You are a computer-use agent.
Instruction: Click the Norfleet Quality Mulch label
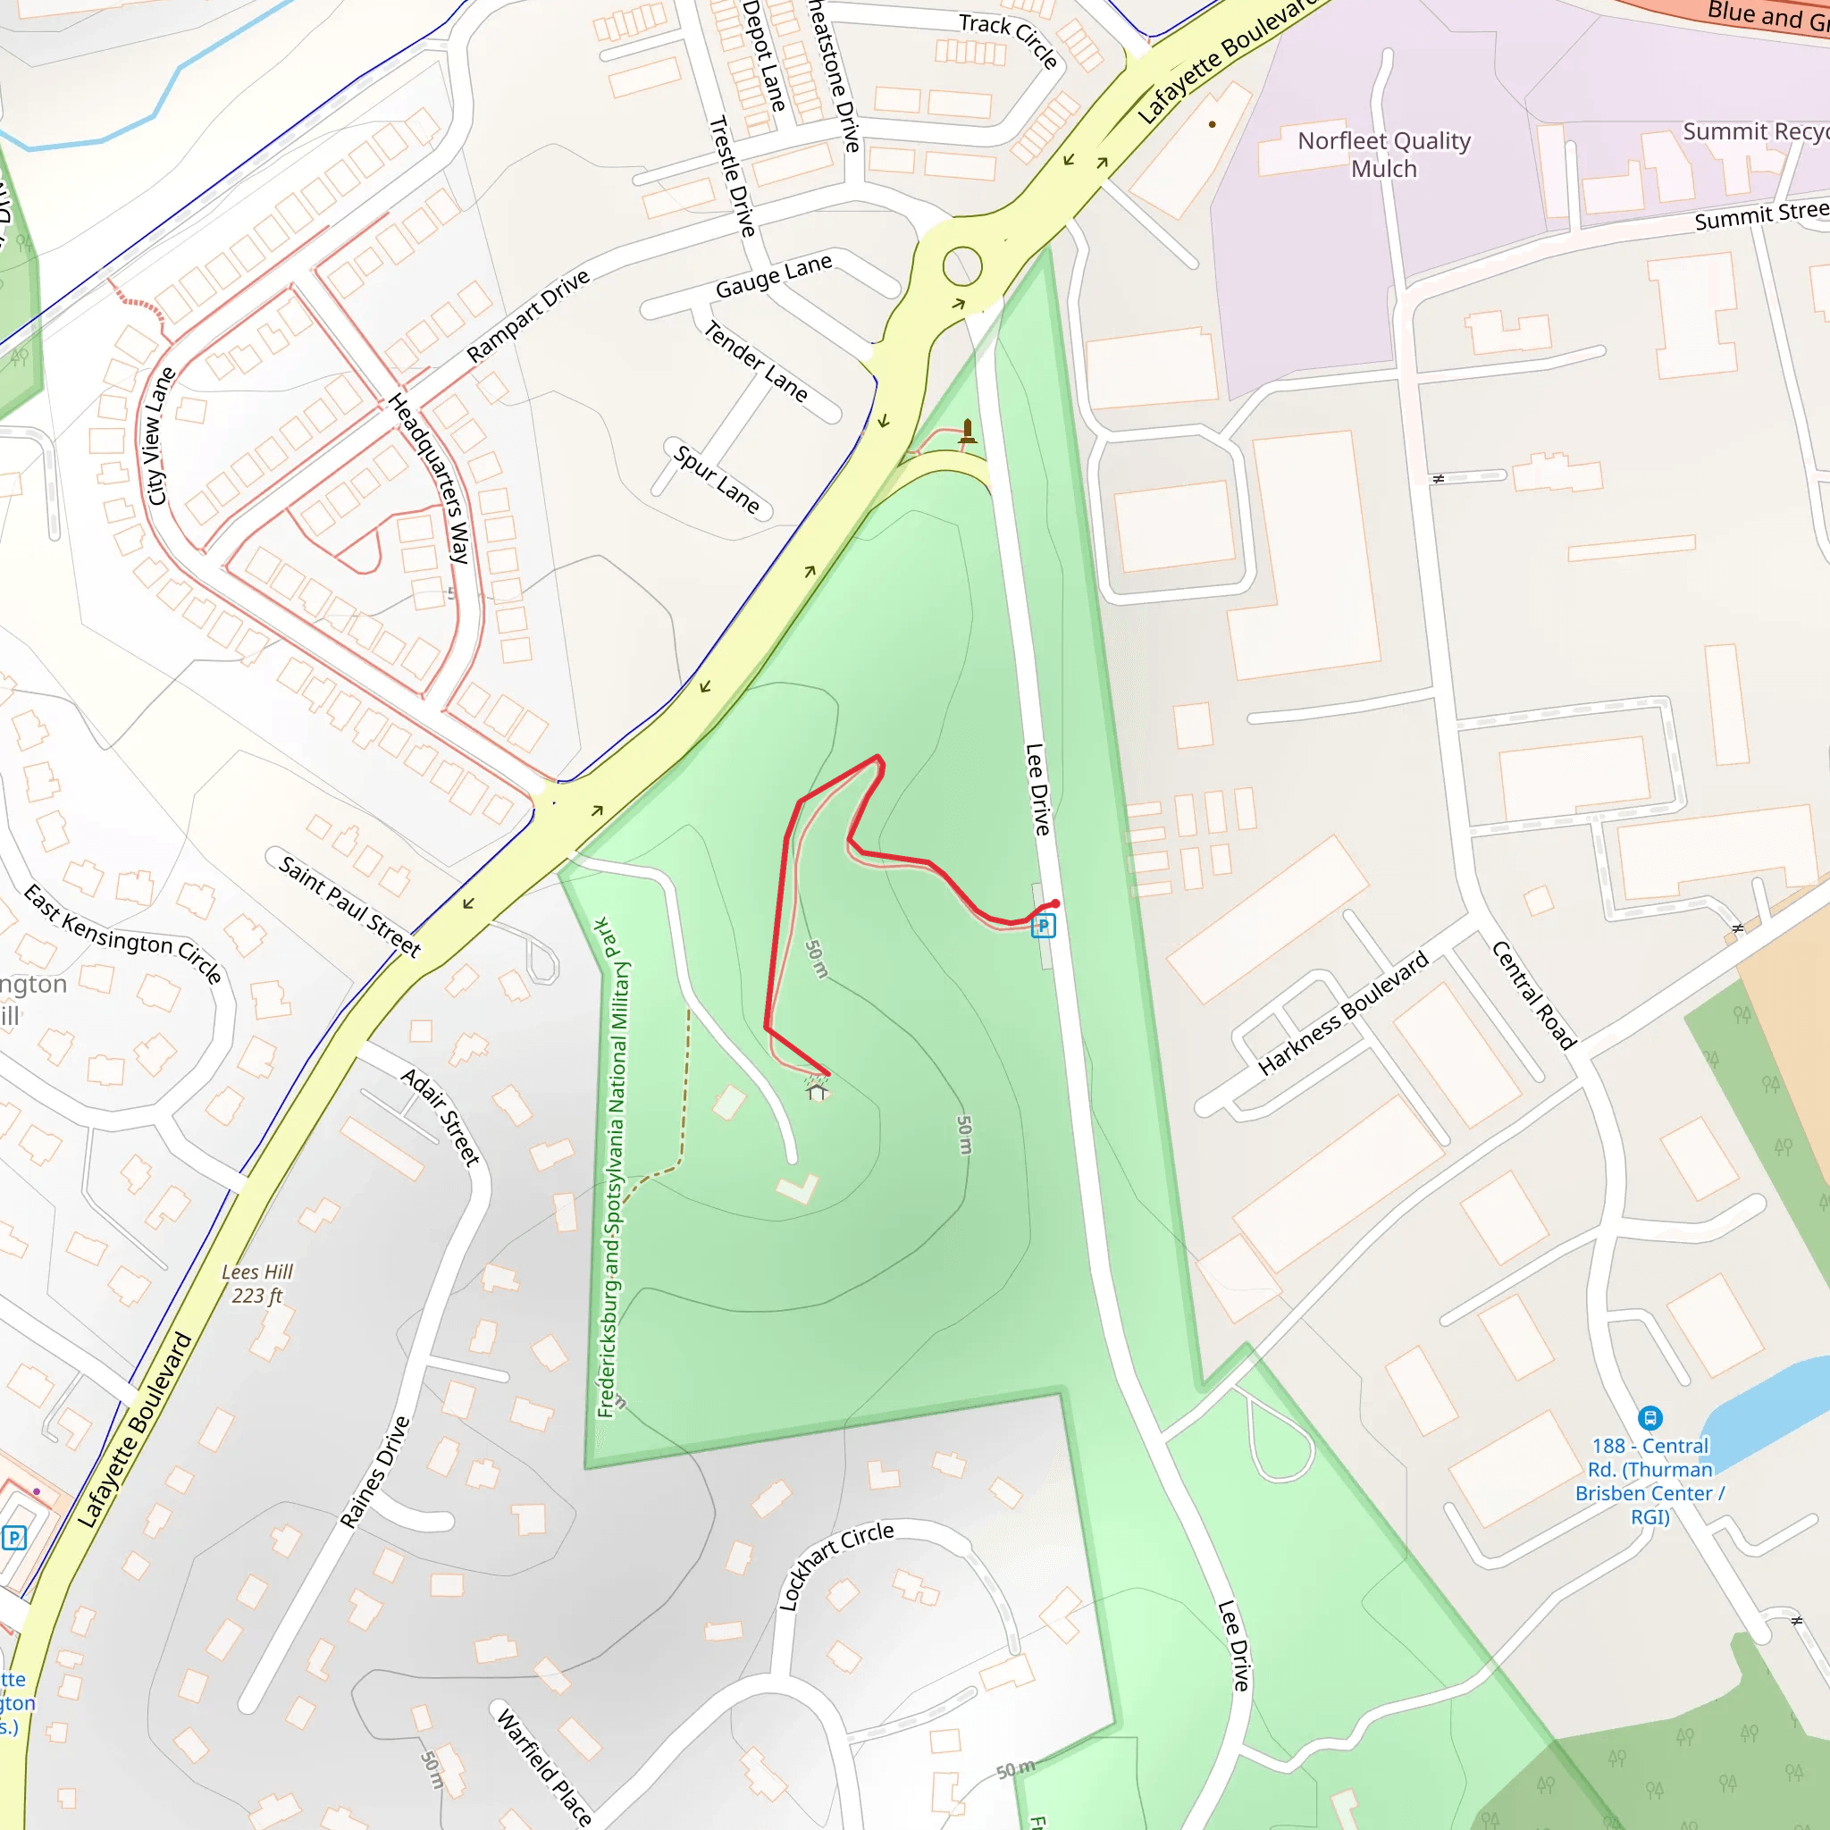(1383, 155)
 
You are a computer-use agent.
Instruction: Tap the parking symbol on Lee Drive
(1043, 926)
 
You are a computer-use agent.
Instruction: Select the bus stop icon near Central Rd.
(1650, 1418)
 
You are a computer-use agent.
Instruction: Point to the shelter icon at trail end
(817, 1091)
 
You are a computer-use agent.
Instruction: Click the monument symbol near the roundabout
(967, 432)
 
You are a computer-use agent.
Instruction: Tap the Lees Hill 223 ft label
(256, 1283)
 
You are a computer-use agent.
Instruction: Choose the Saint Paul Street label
(349, 905)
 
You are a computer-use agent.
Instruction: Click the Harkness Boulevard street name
(1343, 1013)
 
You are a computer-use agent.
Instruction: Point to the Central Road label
(1533, 995)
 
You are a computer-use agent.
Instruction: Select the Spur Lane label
(717, 480)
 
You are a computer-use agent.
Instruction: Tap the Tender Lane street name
(756, 361)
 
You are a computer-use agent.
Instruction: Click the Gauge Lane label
(774, 275)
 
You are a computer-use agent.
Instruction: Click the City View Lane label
(158, 437)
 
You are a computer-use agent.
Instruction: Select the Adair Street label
(441, 1116)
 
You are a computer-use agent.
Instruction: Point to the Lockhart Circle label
(835, 1566)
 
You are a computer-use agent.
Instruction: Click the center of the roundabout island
(962, 266)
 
